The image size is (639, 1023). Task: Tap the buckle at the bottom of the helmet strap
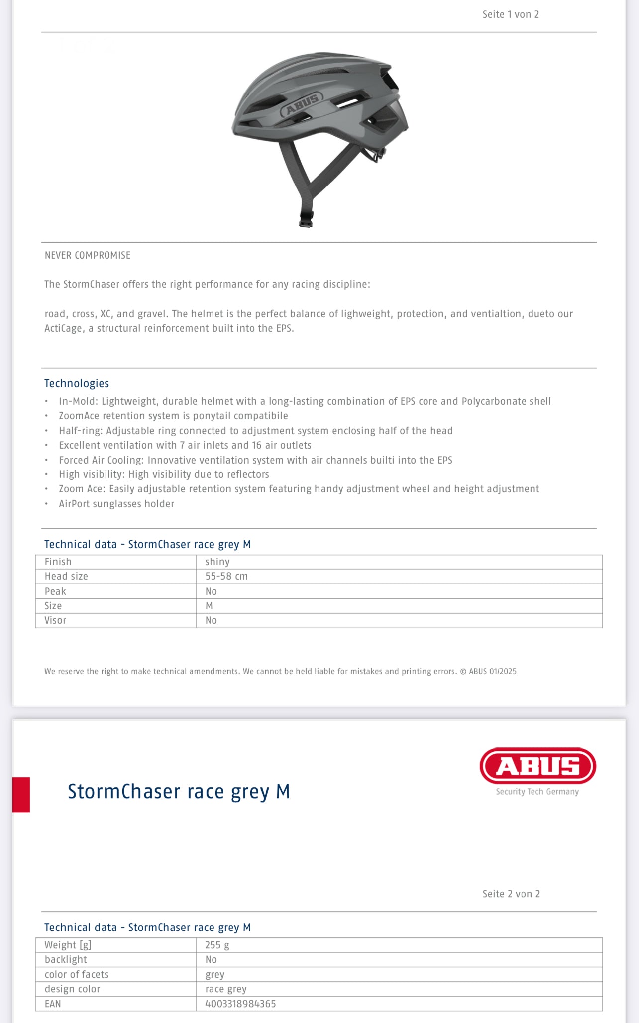(306, 219)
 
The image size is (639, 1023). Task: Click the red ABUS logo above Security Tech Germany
(537, 766)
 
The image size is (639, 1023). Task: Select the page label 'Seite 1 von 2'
(511, 14)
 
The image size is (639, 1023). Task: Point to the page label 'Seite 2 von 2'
(511, 894)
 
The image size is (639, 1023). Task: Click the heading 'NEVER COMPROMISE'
(88, 255)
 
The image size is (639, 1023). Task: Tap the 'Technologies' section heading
(77, 383)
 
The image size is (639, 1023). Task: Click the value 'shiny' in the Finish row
(217, 562)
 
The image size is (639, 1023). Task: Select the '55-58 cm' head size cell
(226, 576)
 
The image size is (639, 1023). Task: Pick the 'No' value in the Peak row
(211, 591)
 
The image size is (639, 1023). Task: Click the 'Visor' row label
(55, 620)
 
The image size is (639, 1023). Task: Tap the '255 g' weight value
(217, 945)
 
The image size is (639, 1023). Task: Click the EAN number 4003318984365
(240, 1004)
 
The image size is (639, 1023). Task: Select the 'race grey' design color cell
(226, 989)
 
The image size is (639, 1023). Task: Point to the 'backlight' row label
(66, 959)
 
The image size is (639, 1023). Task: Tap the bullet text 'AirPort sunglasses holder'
(116, 504)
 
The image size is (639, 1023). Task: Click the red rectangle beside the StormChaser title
(21, 794)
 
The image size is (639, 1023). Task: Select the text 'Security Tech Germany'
(537, 792)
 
